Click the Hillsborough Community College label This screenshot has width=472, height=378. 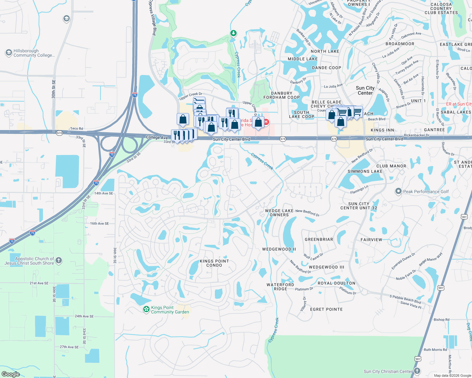click(34, 53)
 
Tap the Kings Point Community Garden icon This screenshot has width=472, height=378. click(146, 309)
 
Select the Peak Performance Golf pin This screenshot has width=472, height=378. click(398, 191)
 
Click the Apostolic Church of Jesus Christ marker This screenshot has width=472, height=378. click(59, 261)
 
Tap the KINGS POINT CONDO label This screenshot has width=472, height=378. click(214, 263)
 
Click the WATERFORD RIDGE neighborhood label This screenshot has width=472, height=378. click(280, 287)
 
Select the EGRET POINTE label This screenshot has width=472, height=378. click(326, 309)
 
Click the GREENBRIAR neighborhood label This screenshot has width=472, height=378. click(319, 239)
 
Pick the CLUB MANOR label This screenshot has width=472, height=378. click(391, 166)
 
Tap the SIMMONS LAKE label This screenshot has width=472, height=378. click(365, 171)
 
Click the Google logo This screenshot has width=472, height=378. click(10, 374)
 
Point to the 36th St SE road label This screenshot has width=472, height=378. click(115, 255)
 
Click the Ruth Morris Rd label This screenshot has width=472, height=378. click(435, 350)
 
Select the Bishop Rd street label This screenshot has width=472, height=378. click(441, 319)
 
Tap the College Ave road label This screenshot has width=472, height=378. click(157, 137)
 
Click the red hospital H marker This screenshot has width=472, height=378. click(266, 122)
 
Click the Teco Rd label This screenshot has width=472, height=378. click(77, 129)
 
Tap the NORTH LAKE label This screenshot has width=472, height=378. click(325, 51)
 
